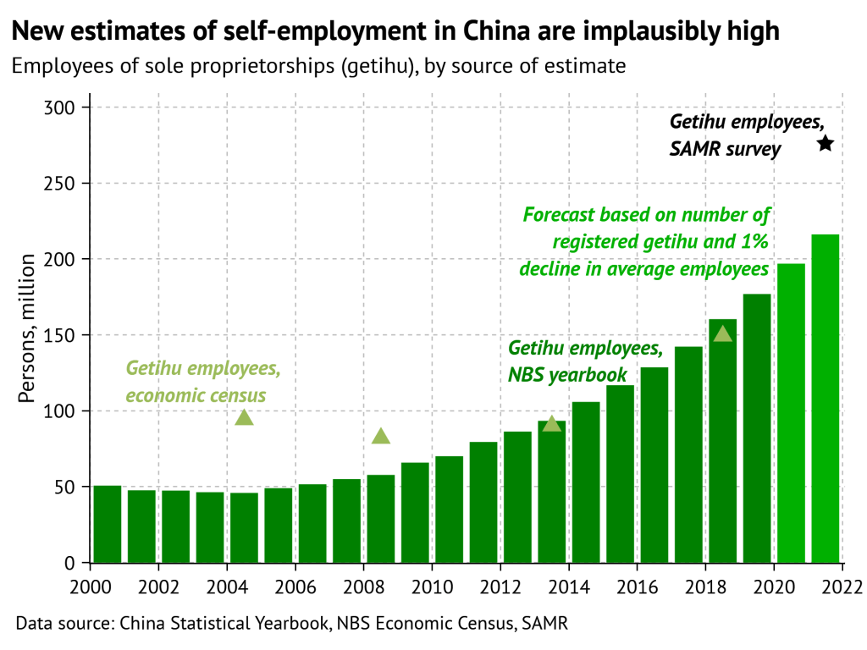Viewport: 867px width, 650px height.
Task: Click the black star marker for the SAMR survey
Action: tap(826, 144)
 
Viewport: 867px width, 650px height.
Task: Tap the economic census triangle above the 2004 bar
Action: tap(245, 416)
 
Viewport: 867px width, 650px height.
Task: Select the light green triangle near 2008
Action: tap(381, 436)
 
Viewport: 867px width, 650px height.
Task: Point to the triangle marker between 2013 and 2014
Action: tap(552, 423)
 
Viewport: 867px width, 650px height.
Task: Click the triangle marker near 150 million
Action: tap(723, 333)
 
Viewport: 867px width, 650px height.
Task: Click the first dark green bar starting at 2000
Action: tap(108, 524)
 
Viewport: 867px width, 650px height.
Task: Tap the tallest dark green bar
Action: tap(757, 428)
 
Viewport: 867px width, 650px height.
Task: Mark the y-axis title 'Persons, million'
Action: tap(28, 328)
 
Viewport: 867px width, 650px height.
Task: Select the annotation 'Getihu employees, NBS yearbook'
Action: tap(584, 361)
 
